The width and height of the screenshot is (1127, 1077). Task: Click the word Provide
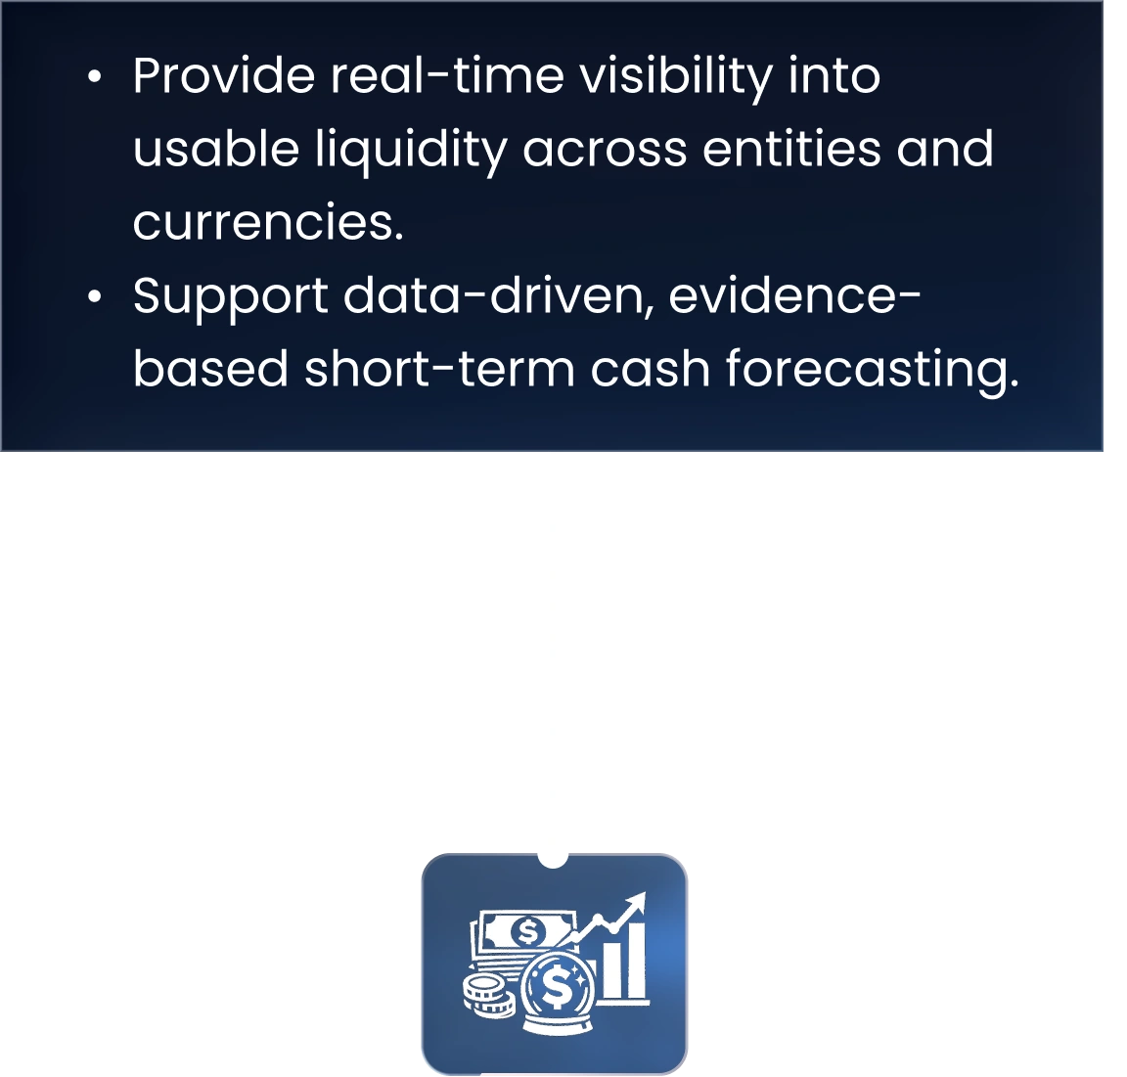[x=223, y=75]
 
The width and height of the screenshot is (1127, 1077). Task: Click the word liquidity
[x=411, y=152]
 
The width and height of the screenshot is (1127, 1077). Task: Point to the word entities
[x=792, y=149]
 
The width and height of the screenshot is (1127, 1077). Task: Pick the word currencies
[x=268, y=222]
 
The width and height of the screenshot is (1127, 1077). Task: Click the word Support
[x=231, y=298]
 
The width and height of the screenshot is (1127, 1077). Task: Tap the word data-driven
[x=499, y=295]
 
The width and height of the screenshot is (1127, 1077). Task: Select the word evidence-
[x=795, y=295]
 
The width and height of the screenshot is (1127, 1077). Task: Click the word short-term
[x=439, y=369]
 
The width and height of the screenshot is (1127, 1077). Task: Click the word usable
[x=216, y=149]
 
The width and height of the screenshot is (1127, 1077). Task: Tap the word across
[x=606, y=152]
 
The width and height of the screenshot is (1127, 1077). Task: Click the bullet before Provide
[x=95, y=77]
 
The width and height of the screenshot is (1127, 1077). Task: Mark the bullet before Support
[x=95, y=296]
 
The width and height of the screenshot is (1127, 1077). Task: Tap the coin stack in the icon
[x=489, y=995]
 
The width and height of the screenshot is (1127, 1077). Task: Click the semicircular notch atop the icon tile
[x=553, y=860]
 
